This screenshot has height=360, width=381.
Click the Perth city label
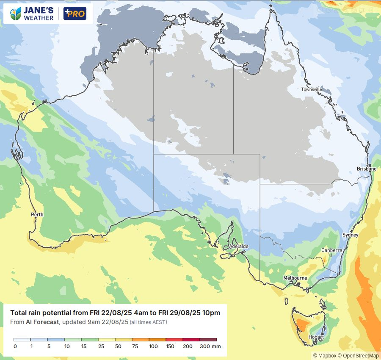click(x=37, y=215)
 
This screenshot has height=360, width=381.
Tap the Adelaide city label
click(x=238, y=246)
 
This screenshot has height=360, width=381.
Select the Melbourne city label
click(x=295, y=278)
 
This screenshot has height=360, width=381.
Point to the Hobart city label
click(x=316, y=337)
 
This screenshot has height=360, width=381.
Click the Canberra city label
click(x=331, y=250)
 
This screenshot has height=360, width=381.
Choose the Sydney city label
click(x=350, y=235)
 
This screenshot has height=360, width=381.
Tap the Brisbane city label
click(x=366, y=169)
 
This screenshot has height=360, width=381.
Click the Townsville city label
click(x=312, y=89)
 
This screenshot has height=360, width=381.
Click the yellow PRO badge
click(x=75, y=14)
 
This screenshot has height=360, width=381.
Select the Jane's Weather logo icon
click(x=16, y=14)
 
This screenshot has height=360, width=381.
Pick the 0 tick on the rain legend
click(x=14, y=346)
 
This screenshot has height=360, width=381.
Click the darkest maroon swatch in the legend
click(x=208, y=340)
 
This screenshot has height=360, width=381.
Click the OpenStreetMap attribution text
click(x=358, y=356)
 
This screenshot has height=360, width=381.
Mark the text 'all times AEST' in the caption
click(x=148, y=322)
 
